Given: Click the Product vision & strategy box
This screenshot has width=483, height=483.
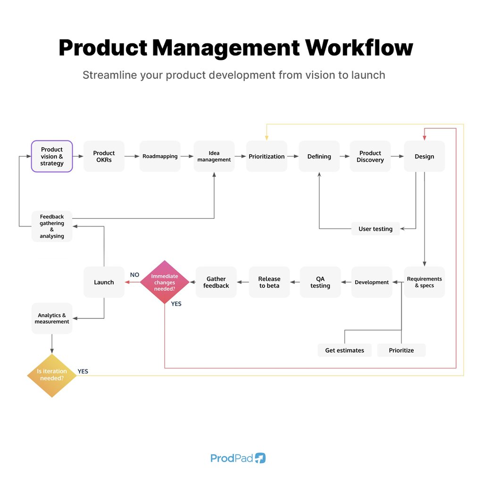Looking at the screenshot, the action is (x=52, y=156).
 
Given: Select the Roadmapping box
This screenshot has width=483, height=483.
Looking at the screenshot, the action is (x=160, y=156).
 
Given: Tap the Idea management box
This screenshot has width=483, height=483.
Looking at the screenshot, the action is (x=214, y=156).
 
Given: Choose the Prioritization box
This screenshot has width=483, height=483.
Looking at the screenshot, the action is (x=267, y=156).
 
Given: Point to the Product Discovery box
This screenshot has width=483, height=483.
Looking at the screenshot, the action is (x=370, y=156).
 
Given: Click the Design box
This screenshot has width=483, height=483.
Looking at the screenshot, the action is (x=425, y=156).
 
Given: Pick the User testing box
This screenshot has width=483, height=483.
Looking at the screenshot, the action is (x=375, y=229).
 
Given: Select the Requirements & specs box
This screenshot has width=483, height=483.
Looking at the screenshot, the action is (x=425, y=282).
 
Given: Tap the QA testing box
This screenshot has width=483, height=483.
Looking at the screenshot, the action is (x=320, y=282).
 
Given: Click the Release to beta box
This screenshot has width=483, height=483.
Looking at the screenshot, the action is (x=269, y=282).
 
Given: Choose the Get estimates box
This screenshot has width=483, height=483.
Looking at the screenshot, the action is (x=345, y=350).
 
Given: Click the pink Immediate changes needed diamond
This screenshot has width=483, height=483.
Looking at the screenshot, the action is (x=165, y=282).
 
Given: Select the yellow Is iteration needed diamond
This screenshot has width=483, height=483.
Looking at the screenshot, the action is (x=52, y=375).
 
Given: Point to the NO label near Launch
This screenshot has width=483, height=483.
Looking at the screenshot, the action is (x=134, y=275).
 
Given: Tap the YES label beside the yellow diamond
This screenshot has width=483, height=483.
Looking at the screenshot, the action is (x=83, y=371).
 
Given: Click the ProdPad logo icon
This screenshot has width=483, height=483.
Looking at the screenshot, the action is (x=260, y=458).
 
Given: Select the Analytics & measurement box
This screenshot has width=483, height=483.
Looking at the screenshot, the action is (x=52, y=318).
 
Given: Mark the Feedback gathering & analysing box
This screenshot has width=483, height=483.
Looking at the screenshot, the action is (x=52, y=226).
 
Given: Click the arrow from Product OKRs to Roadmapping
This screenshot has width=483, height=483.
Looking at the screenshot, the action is (x=132, y=156).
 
